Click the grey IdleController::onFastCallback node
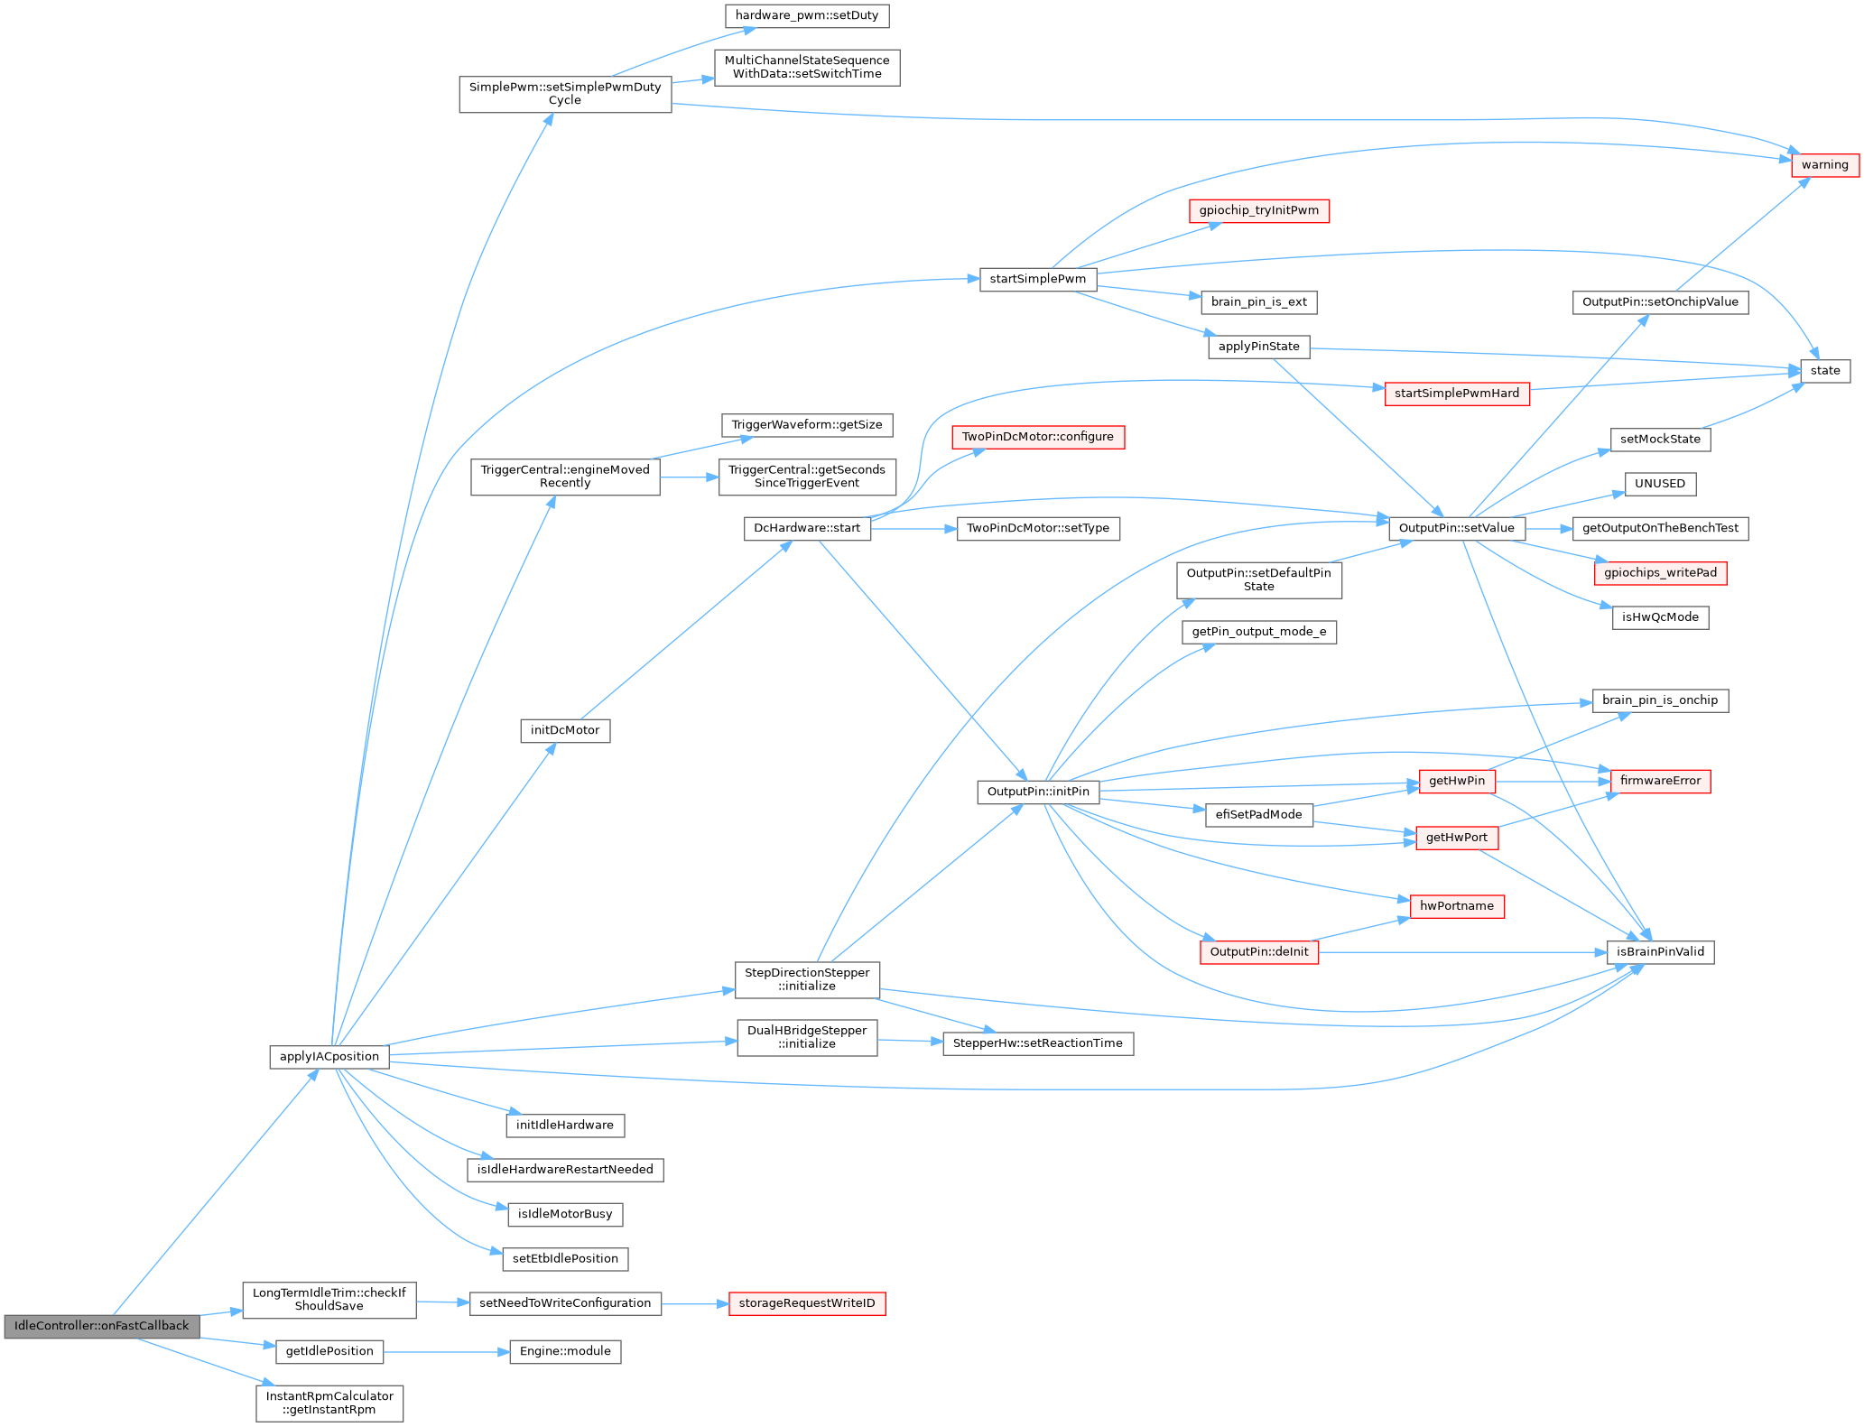pos(101,1326)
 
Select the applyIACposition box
pos(329,1057)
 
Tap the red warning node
pos(1824,165)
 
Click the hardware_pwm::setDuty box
pos(807,15)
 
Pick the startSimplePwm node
pos(1037,279)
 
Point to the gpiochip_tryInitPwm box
pos(1258,210)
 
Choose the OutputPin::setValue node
pos(1456,528)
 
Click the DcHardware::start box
pos(807,528)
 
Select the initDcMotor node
pos(565,730)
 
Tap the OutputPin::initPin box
pos(1038,792)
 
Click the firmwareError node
pos(1660,781)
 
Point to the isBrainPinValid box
pos(1660,951)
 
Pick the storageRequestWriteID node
pos(806,1303)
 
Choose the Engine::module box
pos(565,1351)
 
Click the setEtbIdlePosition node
pos(565,1258)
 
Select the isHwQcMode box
pos(1660,617)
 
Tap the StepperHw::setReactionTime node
pos(1037,1043)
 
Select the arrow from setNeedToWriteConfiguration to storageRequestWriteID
pos(695,1304)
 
